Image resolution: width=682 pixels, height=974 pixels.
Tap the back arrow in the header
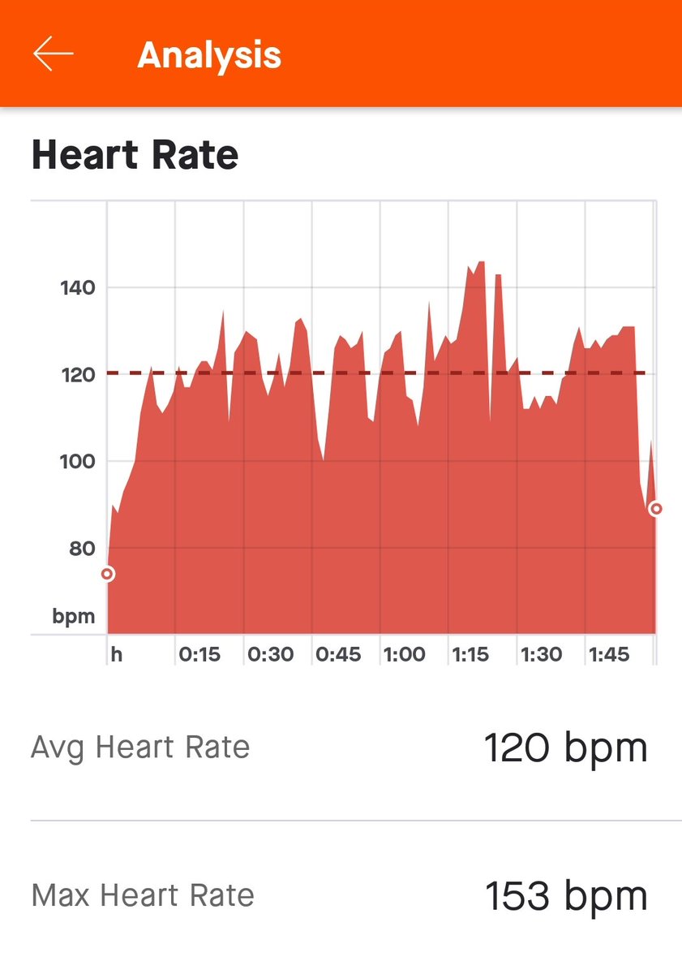(53, 54)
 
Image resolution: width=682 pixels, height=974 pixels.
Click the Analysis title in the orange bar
(209, 55)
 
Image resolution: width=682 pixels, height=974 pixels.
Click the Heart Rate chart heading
(135, 154)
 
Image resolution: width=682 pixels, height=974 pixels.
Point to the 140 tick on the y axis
(78, 287)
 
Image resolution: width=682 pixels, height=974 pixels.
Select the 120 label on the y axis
(78, 374)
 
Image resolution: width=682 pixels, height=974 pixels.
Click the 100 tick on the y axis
(78, 461)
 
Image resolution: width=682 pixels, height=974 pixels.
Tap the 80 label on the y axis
(81, 548)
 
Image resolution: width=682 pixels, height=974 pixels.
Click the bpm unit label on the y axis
(74, 616)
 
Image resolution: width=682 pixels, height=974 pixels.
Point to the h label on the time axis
(117, 654)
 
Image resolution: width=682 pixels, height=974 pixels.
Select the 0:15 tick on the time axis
(199, 654)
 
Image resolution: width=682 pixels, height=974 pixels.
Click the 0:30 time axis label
(270, 654)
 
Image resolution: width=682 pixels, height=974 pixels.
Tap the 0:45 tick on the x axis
(338, 654)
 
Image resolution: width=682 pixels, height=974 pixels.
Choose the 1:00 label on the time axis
(404, 654)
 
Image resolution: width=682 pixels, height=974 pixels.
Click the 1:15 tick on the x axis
(471, 654)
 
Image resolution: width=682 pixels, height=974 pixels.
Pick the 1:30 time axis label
(541, 654)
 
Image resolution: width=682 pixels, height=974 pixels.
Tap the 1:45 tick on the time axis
(609, 654)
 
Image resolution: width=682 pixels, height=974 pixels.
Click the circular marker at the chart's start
(107, 574)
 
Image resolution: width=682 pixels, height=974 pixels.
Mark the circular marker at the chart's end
(655, 509)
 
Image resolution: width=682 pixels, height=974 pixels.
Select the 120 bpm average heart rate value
(565, 748)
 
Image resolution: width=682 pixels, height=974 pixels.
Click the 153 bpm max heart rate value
(565, 896)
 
